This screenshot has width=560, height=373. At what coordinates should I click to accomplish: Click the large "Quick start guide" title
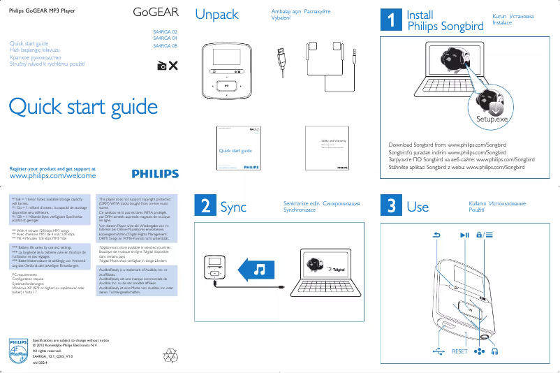point(82,107)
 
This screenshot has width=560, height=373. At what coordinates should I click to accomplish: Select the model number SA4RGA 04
point(165,39)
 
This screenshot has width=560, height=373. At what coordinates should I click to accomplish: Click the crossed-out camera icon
point(168,66)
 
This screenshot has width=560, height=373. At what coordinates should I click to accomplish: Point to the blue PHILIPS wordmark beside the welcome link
point(154,174)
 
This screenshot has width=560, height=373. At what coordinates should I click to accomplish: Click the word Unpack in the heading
point(216,15)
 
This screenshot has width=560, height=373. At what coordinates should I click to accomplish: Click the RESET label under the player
point(459,351)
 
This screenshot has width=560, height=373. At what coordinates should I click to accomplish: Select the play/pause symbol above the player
point(465,235)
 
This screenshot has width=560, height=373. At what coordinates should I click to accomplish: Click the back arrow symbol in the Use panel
point(438,235)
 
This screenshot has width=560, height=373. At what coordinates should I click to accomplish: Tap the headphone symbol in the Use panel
point(495,351)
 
